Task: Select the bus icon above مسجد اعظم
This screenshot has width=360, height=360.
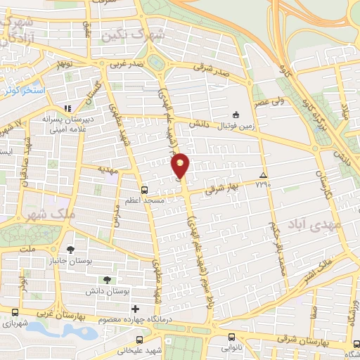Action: pos(144,189)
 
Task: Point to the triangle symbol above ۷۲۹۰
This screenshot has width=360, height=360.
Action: pos(263,175)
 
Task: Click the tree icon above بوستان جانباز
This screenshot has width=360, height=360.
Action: pos(70,250)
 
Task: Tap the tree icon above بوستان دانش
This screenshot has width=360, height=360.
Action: pos(106,281)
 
